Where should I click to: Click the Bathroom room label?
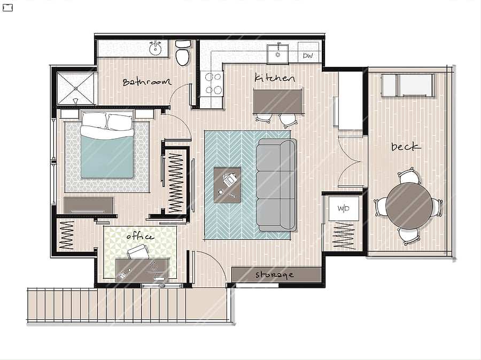click(146, 82)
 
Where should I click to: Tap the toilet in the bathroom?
click(183, 53)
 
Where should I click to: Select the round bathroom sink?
click(156, 48)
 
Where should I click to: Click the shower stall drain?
click(75, 88)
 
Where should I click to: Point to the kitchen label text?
click(275, 77)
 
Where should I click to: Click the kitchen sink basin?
click(277, 54)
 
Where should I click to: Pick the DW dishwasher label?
click(308, 56)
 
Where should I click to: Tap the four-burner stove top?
click(211, 83)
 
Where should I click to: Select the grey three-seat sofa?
click(276, 185)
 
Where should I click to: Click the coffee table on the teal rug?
click(227, 185)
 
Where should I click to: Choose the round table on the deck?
click(409, 206)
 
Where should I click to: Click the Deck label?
click(406, 147)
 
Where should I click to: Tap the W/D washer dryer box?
click(344, 208)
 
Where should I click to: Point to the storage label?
click(275, 275)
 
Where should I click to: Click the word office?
click(139, 237)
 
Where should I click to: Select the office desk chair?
click(138, 252)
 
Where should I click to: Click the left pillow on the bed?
click(95, 120)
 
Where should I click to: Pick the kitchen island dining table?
click(277, 101)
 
